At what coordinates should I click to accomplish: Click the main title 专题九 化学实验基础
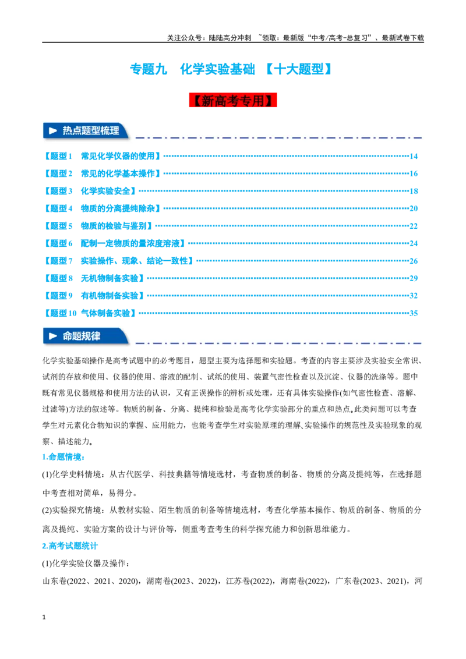point(192,69)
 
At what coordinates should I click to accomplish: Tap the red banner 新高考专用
point(233,100)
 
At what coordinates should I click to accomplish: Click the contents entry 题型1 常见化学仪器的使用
point(102,157)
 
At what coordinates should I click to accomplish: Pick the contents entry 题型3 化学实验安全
point(90,191)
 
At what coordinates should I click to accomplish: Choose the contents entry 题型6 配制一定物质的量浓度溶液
point(114,243)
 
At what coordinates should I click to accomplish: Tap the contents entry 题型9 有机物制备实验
point(94,296)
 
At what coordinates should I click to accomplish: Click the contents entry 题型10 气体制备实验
point(90,313)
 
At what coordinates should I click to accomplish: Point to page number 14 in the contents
point(414,157)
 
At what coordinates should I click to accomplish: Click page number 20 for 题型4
point(414,208)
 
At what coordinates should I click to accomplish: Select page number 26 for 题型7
point(414,261)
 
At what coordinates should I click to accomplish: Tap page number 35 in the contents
point(414,313)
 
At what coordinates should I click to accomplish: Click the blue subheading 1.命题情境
point(63,457)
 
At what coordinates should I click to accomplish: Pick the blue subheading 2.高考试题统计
point(70,546)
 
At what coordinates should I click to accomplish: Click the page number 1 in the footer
point(44,617)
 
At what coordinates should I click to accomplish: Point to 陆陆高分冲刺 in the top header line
point(230,38)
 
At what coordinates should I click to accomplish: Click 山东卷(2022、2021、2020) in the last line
point(90,581)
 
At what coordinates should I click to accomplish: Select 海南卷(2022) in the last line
point(305,581)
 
